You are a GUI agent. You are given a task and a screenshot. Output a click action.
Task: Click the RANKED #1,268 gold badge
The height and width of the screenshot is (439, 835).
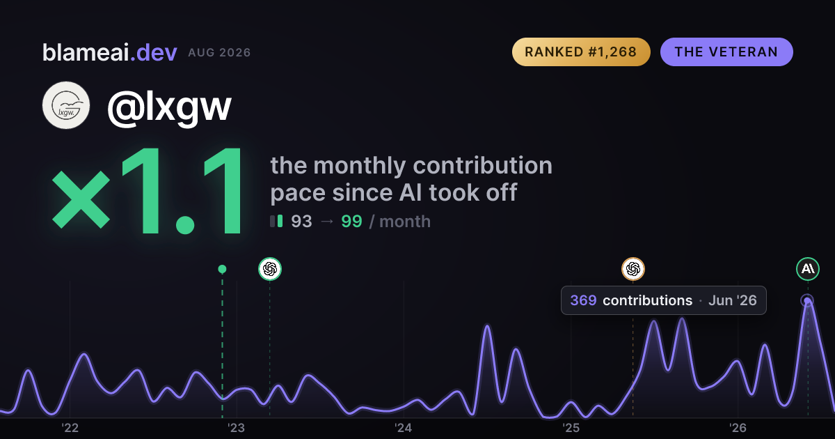click(x=581, y=52)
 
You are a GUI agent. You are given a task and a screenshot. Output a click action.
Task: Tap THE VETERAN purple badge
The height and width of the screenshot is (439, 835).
click(x=726, y=52)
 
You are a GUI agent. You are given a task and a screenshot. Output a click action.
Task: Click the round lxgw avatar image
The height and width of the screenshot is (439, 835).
click(x=66, y=105)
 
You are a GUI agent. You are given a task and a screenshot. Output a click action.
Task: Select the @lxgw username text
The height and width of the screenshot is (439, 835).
click(x=170, y=107)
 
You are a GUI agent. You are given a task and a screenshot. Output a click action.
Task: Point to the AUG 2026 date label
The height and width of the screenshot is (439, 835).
click(x=219, y=53)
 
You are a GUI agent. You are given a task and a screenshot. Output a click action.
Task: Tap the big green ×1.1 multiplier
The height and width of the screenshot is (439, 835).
click(x=148, y=191)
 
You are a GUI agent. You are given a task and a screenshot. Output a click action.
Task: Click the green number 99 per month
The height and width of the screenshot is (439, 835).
click(x=351, y=222)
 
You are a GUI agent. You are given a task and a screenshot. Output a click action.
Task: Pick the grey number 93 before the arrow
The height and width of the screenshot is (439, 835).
click(x=301, y=222)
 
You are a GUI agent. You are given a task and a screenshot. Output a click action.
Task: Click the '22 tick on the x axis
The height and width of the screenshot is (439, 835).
click(x=70, y=428)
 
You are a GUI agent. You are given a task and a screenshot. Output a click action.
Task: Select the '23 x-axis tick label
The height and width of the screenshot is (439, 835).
click(x=237, y=428)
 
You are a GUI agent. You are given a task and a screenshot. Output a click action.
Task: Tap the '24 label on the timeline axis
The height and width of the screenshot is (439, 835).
click(x=404, y=428)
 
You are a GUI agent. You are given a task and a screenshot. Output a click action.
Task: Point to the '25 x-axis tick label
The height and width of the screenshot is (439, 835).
click(x=571, y=428)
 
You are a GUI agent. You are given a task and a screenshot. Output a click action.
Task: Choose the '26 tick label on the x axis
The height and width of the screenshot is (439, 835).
click(x=738, y=428)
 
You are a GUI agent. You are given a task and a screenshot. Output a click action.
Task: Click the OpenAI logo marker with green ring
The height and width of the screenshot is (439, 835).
click(x=270, y=269)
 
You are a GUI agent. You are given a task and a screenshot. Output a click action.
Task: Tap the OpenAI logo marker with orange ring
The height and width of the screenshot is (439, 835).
click(x=633, y=269)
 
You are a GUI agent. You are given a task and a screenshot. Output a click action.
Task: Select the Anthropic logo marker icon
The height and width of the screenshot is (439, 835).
click(x=808, y=269)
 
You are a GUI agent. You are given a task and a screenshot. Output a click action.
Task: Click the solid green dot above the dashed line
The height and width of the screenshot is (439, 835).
click(x=222, y=269)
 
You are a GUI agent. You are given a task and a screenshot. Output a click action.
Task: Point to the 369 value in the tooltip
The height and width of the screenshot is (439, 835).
click(x=583, y=300)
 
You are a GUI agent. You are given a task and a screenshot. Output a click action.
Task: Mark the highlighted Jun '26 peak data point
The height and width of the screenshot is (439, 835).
click(x=807, y=300)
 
